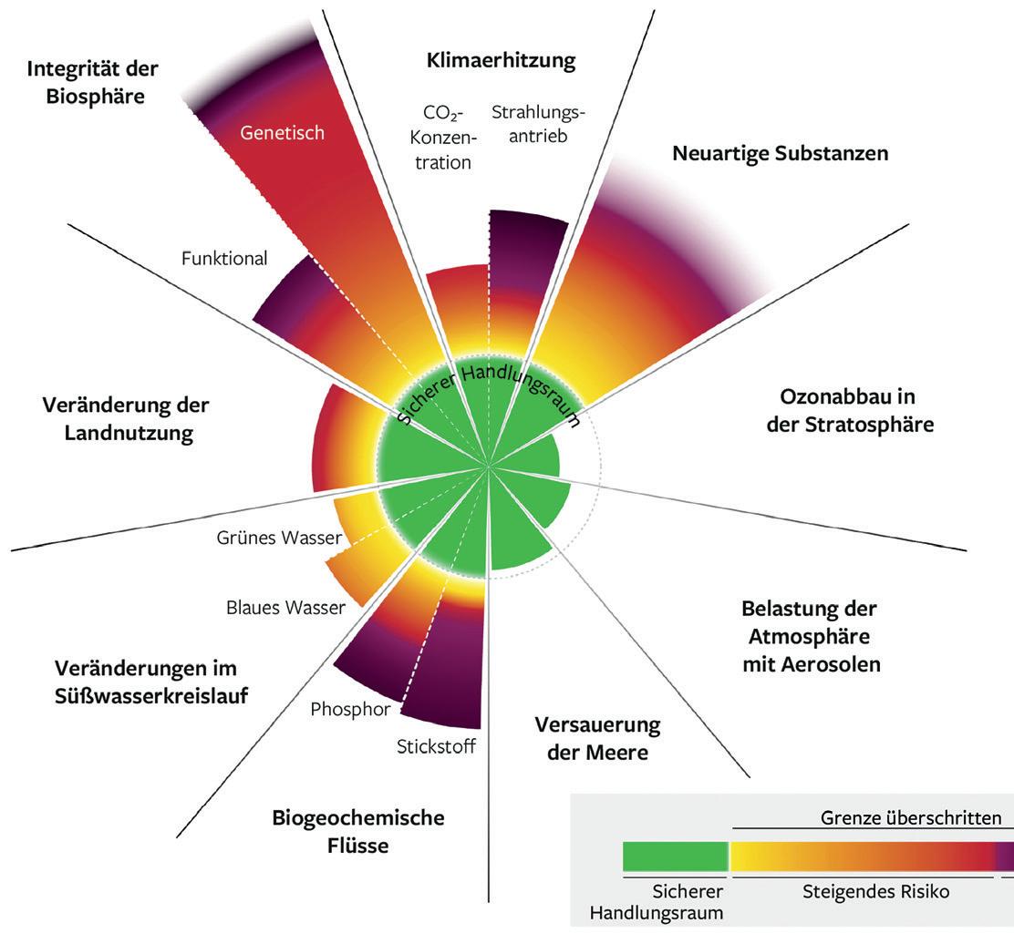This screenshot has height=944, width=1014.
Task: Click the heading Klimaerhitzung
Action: (x=501, y=61)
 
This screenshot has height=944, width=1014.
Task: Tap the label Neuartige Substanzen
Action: (x=780, y=152)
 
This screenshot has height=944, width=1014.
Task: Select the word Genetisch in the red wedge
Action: (x=282, y=132)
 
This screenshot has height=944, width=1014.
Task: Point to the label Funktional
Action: (x=224, y=259)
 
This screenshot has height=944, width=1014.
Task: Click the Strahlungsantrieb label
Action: (x=538, y=124)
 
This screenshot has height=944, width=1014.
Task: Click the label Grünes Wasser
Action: (x=278, y=538)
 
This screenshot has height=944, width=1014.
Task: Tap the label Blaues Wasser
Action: (x=285, y=607)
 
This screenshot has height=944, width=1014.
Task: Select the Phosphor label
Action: (x=351, y=708)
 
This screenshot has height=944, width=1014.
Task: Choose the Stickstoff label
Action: (x=436, y=747)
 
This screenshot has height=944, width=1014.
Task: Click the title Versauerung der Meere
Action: (x=597, y=739)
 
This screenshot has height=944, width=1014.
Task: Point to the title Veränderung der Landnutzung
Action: (x=126, y=418)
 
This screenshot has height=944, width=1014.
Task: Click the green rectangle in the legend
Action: (x=675, y=857)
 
